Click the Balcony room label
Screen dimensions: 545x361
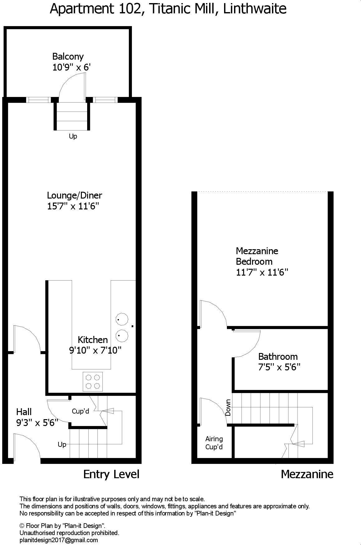(68, 57)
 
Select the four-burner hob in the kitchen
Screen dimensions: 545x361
(93, 382)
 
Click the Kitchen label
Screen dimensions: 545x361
(93, 340)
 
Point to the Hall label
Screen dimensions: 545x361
(24, 412)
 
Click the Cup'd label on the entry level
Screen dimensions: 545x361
(80, 411)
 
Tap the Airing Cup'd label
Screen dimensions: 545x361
(214, 443)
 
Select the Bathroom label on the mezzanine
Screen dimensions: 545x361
(278, 356)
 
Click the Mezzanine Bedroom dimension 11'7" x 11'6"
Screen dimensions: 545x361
(262, 272)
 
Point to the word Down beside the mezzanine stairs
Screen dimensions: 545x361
(228, 408)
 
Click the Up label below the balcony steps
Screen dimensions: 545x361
(73, 136)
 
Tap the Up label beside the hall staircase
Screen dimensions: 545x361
(62, 445)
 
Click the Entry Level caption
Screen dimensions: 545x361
(111, 474)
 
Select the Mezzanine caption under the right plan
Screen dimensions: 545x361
(307, 474)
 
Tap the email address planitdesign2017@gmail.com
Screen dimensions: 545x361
(59, 540)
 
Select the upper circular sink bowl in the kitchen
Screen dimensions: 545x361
(122, 319)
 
